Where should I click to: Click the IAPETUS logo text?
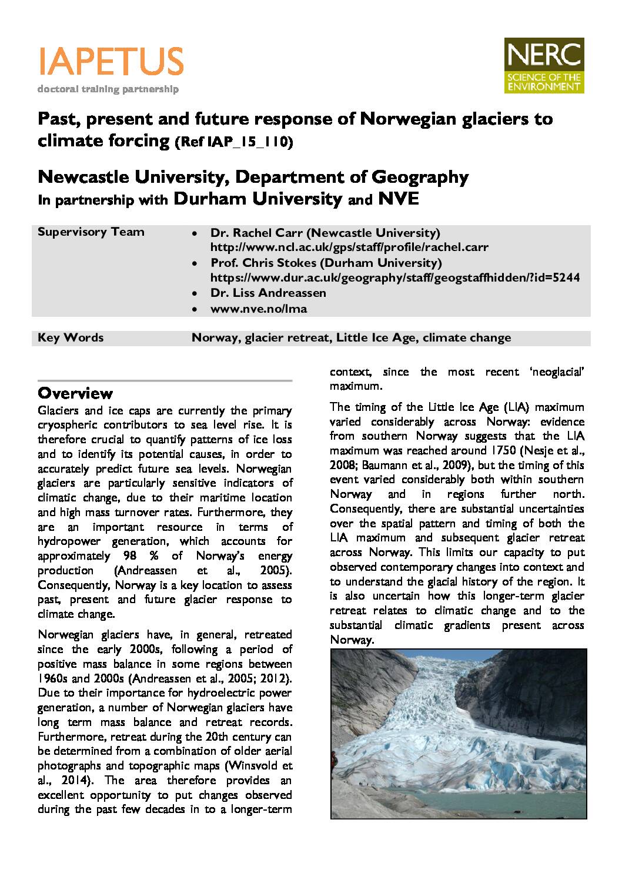(111, 61)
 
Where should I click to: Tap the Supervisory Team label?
(91, 232)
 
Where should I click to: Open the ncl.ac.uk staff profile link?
(349, 247)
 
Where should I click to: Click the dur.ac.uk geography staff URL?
(395, 277)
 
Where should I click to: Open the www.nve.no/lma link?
(259, 308)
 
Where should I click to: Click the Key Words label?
(71, 338)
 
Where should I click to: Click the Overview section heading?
(75, 393)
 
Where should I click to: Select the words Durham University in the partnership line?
(258, 199)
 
